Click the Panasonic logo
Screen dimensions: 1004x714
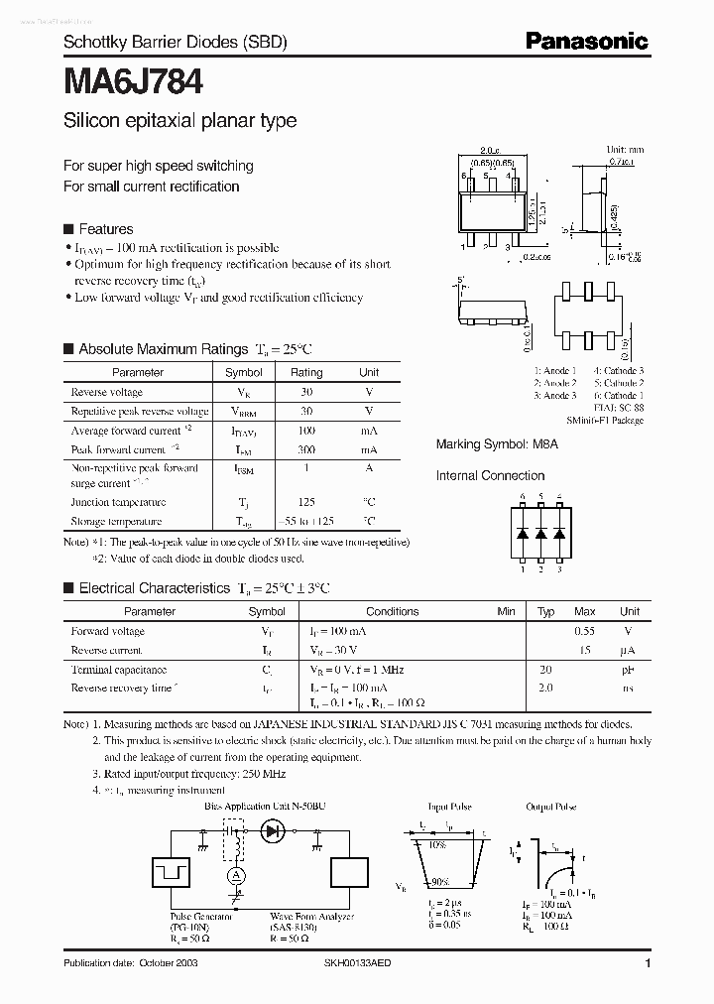[x=586, y=41]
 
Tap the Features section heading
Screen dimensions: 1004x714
[x=105, y=228]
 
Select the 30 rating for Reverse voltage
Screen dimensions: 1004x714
[x=306, y=392]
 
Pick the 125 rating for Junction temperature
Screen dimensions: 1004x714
[x=306, y=502]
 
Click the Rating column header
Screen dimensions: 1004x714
[x=306, y=372]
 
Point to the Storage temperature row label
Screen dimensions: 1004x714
[x=117, y=521]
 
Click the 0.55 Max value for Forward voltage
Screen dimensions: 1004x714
[x=585, y=631]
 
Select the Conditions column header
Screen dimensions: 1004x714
[x=393, y=612]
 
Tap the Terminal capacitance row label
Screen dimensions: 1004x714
[x=119, y=671]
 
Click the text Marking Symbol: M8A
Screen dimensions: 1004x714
[x=497, y=445]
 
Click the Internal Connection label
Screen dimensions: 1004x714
[x=490, y=476]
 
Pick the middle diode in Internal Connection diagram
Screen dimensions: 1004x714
[x=540, y=533]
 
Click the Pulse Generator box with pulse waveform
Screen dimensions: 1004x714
[x=173, y=874]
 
